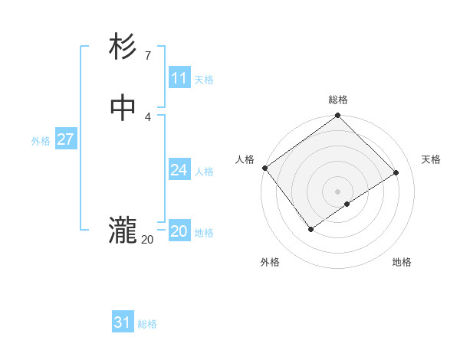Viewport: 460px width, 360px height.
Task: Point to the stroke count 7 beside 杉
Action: [x=148, y=56]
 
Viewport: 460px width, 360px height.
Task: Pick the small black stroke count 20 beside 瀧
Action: [x=147, y=240]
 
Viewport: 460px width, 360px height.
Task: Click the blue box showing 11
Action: [x=179, y=78]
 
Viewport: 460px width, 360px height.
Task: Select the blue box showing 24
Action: [x=179, y=170]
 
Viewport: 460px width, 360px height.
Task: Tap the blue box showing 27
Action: [x=66, y=139]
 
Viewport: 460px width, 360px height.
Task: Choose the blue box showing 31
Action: [x=123, y=322]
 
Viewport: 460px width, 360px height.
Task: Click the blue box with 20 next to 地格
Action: [x=179, y=231]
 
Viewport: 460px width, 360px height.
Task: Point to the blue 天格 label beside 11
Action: [x=204, y=80]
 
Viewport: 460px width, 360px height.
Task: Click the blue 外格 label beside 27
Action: [x=41, y=141]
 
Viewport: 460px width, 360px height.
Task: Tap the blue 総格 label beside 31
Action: [x=147, y=324]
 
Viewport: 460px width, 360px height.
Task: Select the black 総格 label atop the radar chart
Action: [x=338, y=100]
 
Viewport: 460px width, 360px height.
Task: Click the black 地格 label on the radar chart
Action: [x=402, y=262]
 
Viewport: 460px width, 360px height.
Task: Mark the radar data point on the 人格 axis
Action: [x=264, y=168]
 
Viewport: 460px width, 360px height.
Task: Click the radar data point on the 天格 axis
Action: [x=396, y=172]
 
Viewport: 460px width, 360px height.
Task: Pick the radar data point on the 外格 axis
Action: [x=311, y=228]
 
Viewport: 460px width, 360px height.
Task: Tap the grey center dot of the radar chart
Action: [x=338, y=191]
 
